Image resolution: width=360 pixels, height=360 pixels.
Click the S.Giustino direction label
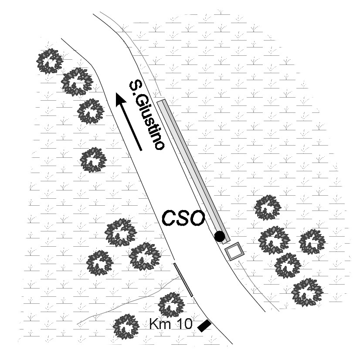(x=146, y=115)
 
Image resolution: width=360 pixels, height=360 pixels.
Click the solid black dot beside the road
(x=220, y=236)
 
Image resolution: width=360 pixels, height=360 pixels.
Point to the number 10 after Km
(x=183, y=324)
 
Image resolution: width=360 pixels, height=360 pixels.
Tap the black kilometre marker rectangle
(x=204, y=325)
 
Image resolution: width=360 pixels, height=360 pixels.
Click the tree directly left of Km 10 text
(x=126, y=326)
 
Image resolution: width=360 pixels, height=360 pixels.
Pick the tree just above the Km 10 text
(x=170, y=304)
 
